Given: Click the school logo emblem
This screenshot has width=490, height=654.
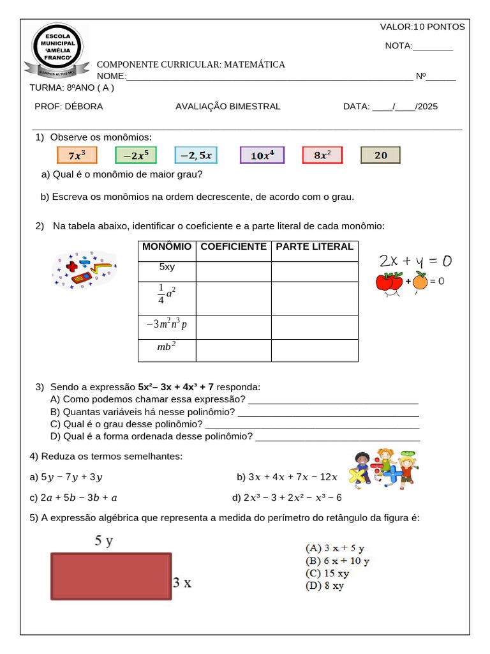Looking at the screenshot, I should (57, 50).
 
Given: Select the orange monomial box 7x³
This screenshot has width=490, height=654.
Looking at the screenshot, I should (76, 155).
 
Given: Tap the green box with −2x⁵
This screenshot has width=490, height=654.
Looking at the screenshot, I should (136, 155).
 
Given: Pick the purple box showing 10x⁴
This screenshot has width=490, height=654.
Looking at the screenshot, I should (262, 155).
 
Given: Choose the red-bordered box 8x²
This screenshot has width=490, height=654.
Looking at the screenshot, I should (322, 155).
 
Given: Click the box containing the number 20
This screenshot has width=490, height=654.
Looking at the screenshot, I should (380, 155).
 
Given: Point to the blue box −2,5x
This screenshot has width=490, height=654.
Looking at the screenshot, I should (196, 155).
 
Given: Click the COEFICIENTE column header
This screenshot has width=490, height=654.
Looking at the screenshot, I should (234, 247).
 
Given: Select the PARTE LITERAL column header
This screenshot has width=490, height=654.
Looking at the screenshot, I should (314, 247).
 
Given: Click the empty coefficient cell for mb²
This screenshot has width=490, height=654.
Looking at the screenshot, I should (234, 350).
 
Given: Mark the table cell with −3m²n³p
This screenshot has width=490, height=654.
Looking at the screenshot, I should (167, 324).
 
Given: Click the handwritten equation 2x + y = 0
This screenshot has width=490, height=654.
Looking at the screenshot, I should (415, 261).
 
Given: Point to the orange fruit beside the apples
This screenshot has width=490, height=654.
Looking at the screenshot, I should (420, 281).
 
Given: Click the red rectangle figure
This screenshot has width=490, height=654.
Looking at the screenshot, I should (111, 576).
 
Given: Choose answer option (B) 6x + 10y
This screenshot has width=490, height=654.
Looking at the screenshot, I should (338, 561).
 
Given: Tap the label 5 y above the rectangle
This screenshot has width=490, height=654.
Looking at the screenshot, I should (104, 541).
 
